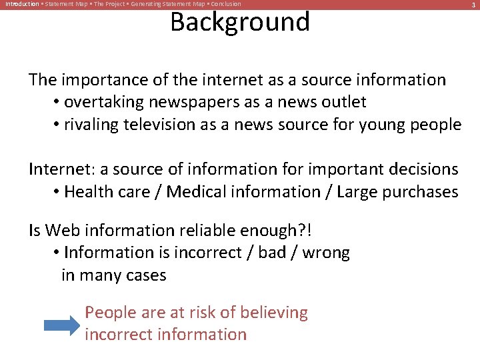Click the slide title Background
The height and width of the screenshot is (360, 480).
pyautogui.click(x=240, y=22)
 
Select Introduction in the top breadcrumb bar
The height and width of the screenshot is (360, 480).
pyautogui.click(x=22, y=4)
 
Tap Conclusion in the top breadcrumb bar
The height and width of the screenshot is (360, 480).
pyautogui.click(x=226, y=4)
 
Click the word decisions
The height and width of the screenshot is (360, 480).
pyautogui.click(x=419, y=169)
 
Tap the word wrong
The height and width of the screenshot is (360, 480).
pyautogui.click(x=326, y=253)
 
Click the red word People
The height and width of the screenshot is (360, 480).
pyautogui.click(x=111, y=313)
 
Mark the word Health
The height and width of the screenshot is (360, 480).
pyautogui.click(x=87, y=192)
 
